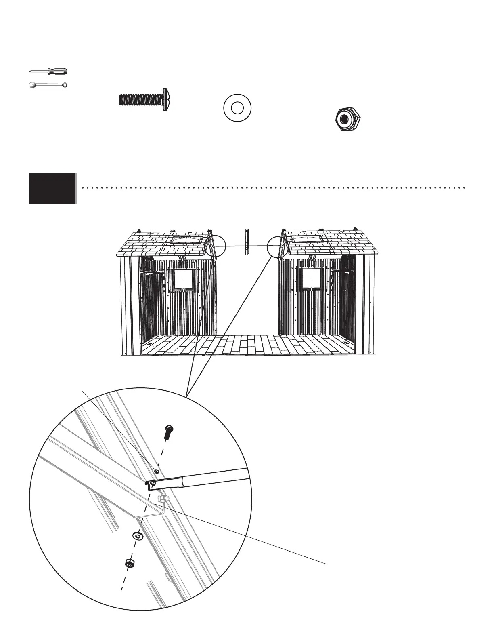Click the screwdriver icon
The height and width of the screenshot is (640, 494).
[x=49, y=72]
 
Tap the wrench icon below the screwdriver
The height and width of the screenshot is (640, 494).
[x=48, y=85]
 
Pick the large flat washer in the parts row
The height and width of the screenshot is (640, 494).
[x=237, y=108]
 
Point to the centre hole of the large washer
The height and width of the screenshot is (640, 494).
[x=237, y=108]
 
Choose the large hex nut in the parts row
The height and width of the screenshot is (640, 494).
[x=348, y=120]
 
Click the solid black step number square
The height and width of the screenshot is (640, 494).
[x=52, y=188]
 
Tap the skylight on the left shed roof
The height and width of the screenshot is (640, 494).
[x=186, y=240]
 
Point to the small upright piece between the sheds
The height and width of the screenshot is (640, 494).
[x=245, y=242]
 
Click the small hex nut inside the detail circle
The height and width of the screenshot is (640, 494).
[x=129, y=563]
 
